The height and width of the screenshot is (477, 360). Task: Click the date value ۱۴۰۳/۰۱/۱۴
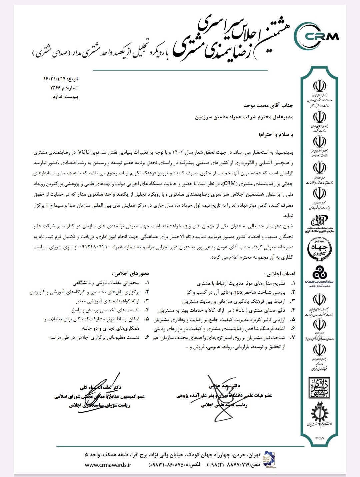click(55, 79)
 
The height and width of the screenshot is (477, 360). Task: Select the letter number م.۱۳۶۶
click(58, 88)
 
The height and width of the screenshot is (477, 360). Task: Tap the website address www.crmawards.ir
click(108, 465)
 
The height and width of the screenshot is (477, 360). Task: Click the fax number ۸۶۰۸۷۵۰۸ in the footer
click(179, 465)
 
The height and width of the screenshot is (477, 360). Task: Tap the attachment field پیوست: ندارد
click(66, 97)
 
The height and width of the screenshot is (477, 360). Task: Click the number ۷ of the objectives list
click(293, 338)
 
